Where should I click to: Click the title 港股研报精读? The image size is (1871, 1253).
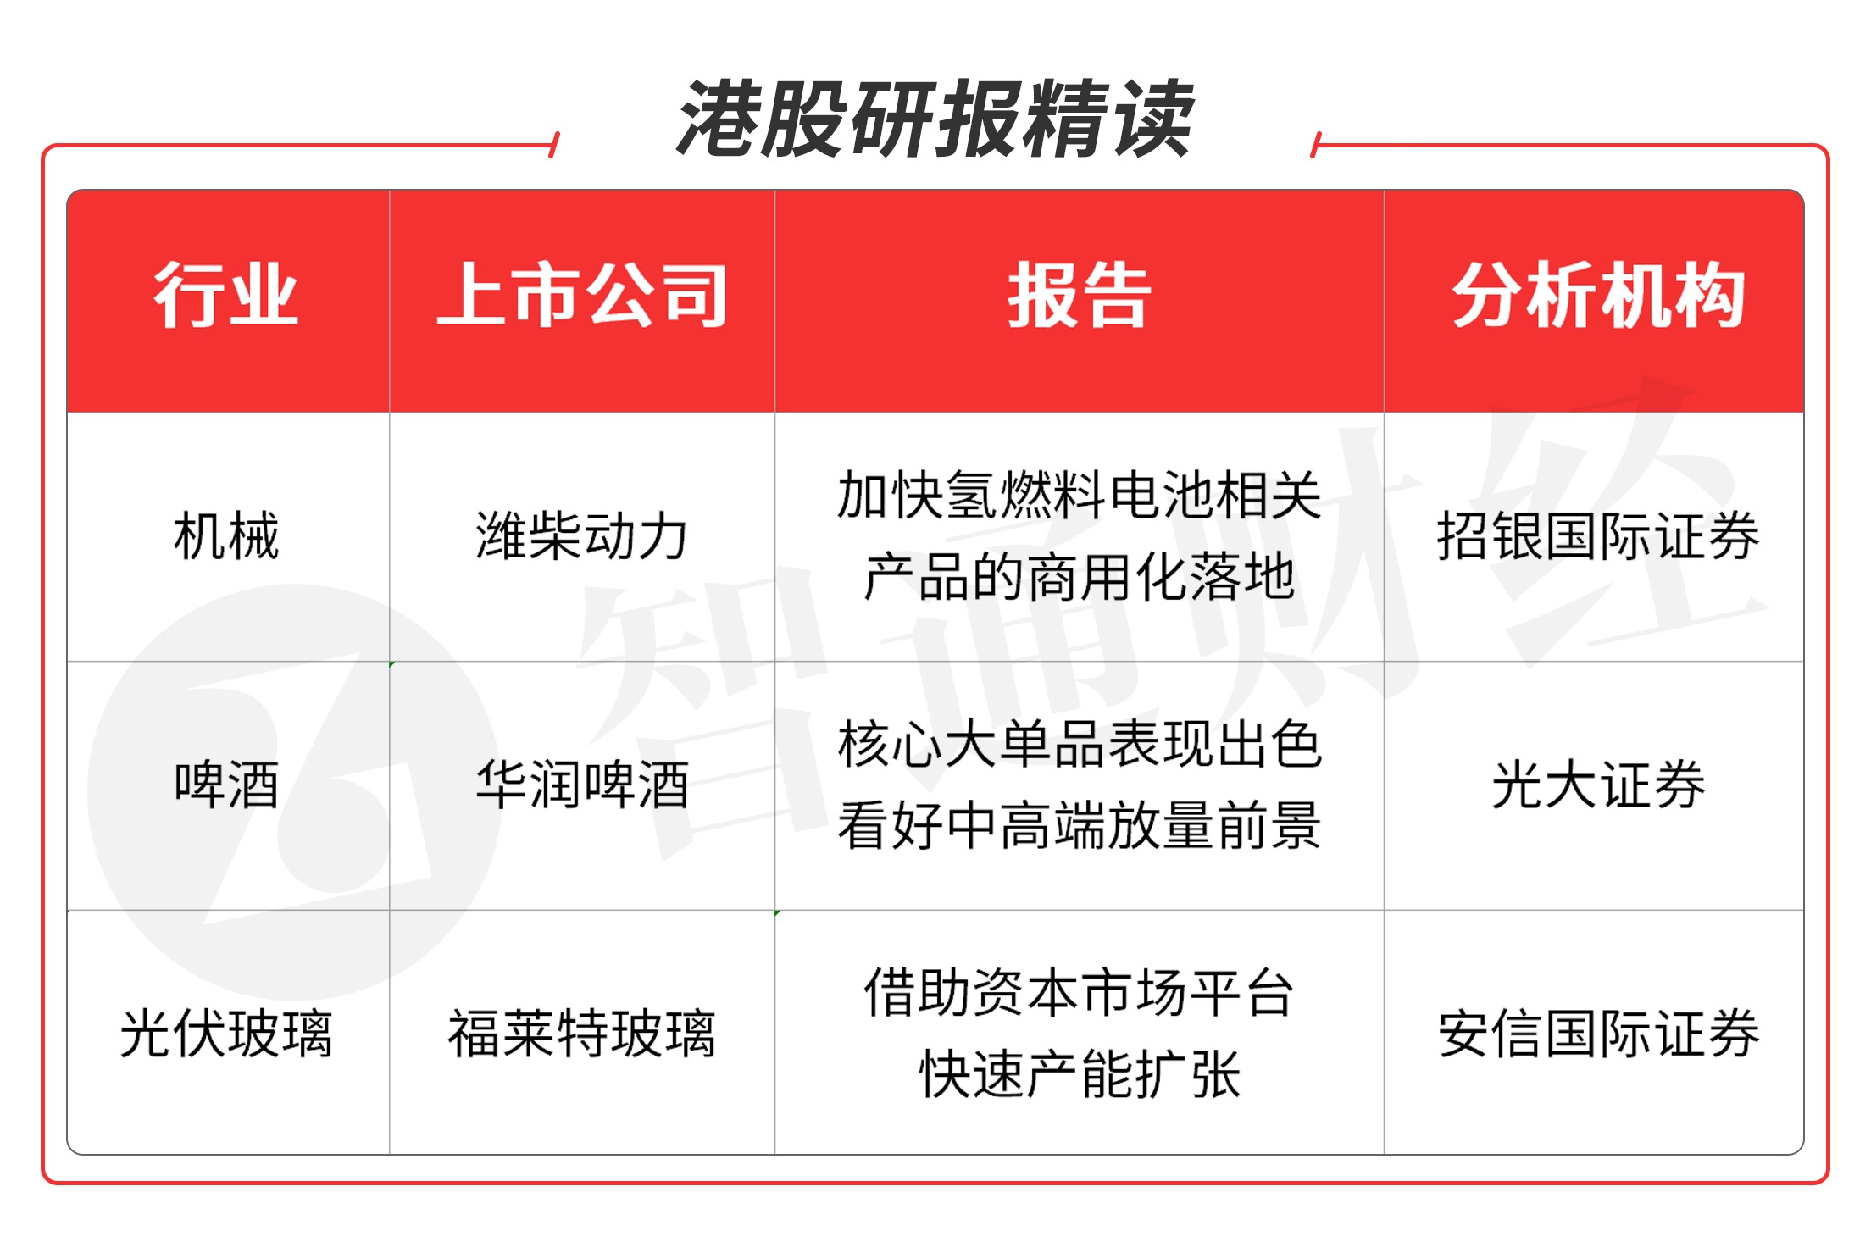[x=935, y=119]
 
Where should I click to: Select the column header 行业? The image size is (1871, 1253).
[x=226, y=296]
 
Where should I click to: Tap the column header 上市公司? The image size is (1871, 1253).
[x=582, y=296]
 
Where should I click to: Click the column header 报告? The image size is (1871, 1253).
[x=1079, y=296]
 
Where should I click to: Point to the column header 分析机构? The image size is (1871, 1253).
[x=1598, y=296]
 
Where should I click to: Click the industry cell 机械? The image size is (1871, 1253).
[x=226, y=536]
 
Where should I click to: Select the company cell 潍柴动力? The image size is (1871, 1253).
[x=582, y=536]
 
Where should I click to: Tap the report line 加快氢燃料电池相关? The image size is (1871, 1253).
[x=1079, y=496]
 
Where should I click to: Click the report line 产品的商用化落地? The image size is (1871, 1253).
[x=1079, y=577]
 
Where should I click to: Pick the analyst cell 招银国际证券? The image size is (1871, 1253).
[x=1598, y=536]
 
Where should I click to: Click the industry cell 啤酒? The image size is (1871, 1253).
[x=226, y=785]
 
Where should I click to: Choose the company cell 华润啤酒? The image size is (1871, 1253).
[x=582, y=785]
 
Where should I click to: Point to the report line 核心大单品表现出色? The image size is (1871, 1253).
[x=1079, y=745]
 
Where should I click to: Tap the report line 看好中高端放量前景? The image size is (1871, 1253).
[x=1079, y=826]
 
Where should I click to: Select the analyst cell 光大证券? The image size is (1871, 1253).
[x=1598, y=785]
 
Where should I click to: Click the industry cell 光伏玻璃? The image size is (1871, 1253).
[x=226, y=1034]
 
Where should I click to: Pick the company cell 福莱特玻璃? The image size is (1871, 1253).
[x=582, y=1034]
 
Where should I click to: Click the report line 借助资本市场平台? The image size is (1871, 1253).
[x=1079, y=993]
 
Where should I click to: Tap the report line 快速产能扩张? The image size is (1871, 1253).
[x=1079, y=1074]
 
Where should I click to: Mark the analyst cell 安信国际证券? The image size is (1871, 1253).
[x=1598, y=1034]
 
